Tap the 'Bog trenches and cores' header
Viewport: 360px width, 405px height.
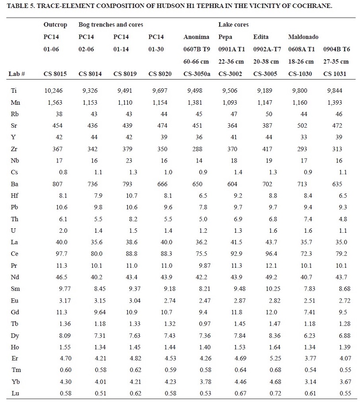110,25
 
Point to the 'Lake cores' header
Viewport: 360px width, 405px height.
233,25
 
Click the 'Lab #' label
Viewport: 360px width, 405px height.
16,73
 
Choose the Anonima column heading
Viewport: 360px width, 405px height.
197,37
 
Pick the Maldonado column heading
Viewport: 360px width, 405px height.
303,37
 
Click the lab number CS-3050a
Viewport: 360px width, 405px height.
197,73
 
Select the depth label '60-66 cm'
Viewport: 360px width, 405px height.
197,61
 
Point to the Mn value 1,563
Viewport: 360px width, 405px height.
55,102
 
